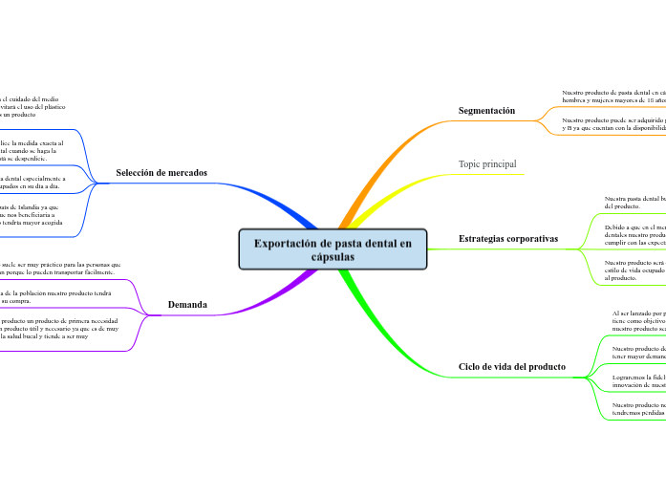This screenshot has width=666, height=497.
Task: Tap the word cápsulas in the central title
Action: pyautogui.click(x=333, y=258)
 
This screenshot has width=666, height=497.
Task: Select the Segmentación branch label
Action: pyautogui.click(x=486, y=111)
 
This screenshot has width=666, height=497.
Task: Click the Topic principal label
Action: pyautogui.click(x=487, y=164)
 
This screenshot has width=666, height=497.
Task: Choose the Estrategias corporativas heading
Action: pyautogui.click(x=508, y=238)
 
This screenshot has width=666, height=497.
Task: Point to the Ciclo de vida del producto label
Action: pyautogui.click(x=512, y=367)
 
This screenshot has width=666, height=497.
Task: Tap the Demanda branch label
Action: pyautogui.click(x=187, y=305)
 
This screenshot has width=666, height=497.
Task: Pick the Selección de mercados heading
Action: pyautogui.click(x=161, y=173)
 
